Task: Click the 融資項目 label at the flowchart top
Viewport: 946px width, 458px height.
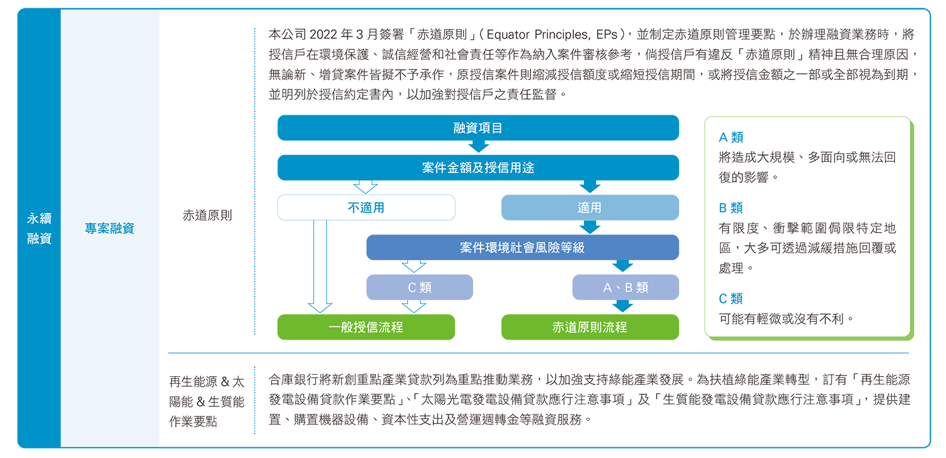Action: (477, 129)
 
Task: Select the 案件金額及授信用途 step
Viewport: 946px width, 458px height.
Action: (478, 168)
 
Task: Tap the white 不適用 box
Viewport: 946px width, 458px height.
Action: (366, 207)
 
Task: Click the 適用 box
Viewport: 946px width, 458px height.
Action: (589, 207)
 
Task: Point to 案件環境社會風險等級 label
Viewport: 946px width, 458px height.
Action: (522, 248)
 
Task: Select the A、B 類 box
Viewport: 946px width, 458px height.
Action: (625, 288)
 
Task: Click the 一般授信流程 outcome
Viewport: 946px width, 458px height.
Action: (366, 327)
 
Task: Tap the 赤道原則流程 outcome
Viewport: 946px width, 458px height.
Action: (589, 327)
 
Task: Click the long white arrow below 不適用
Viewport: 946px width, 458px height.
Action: (320, 265)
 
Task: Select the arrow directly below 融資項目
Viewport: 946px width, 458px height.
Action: (477, 147)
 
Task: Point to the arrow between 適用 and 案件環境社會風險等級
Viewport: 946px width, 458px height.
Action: (589, 227)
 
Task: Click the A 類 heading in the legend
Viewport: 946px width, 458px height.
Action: (731, 137)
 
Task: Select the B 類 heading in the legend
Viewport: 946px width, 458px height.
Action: (731, 208)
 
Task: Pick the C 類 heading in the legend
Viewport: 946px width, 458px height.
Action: (731, 299)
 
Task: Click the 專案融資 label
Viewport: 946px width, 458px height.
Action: (110, 229)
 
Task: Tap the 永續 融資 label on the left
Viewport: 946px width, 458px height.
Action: (39, 229)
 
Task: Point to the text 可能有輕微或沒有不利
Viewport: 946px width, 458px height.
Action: (786, 319)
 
